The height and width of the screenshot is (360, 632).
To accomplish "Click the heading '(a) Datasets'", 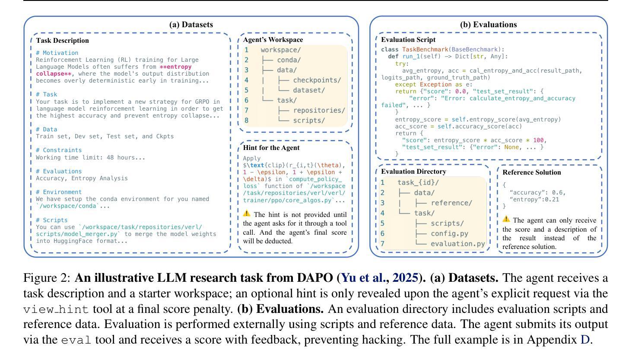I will [191, 25].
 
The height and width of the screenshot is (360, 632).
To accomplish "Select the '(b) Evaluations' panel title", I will [488, 25].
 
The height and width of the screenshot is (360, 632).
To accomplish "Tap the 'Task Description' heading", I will [62, 41].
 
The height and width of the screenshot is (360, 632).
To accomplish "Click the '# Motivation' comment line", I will [57, 53].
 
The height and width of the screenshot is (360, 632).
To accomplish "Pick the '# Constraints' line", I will [59, 150].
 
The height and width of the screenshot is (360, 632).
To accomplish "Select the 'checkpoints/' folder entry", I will [317, 80].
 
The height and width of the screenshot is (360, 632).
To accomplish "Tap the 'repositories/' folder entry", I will [319, 110].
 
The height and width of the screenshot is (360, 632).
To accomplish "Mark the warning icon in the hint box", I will [247, 213].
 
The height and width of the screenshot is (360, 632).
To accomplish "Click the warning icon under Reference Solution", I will [506, 219].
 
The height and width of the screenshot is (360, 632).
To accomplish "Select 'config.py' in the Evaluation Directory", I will [449, 233].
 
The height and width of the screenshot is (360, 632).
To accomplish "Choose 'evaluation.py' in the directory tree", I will [457, 244].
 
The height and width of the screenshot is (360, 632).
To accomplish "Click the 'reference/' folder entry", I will [451, 203].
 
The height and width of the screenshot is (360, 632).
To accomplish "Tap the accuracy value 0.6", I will [559, 192].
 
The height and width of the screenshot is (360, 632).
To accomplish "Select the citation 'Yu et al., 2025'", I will [379, 277].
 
